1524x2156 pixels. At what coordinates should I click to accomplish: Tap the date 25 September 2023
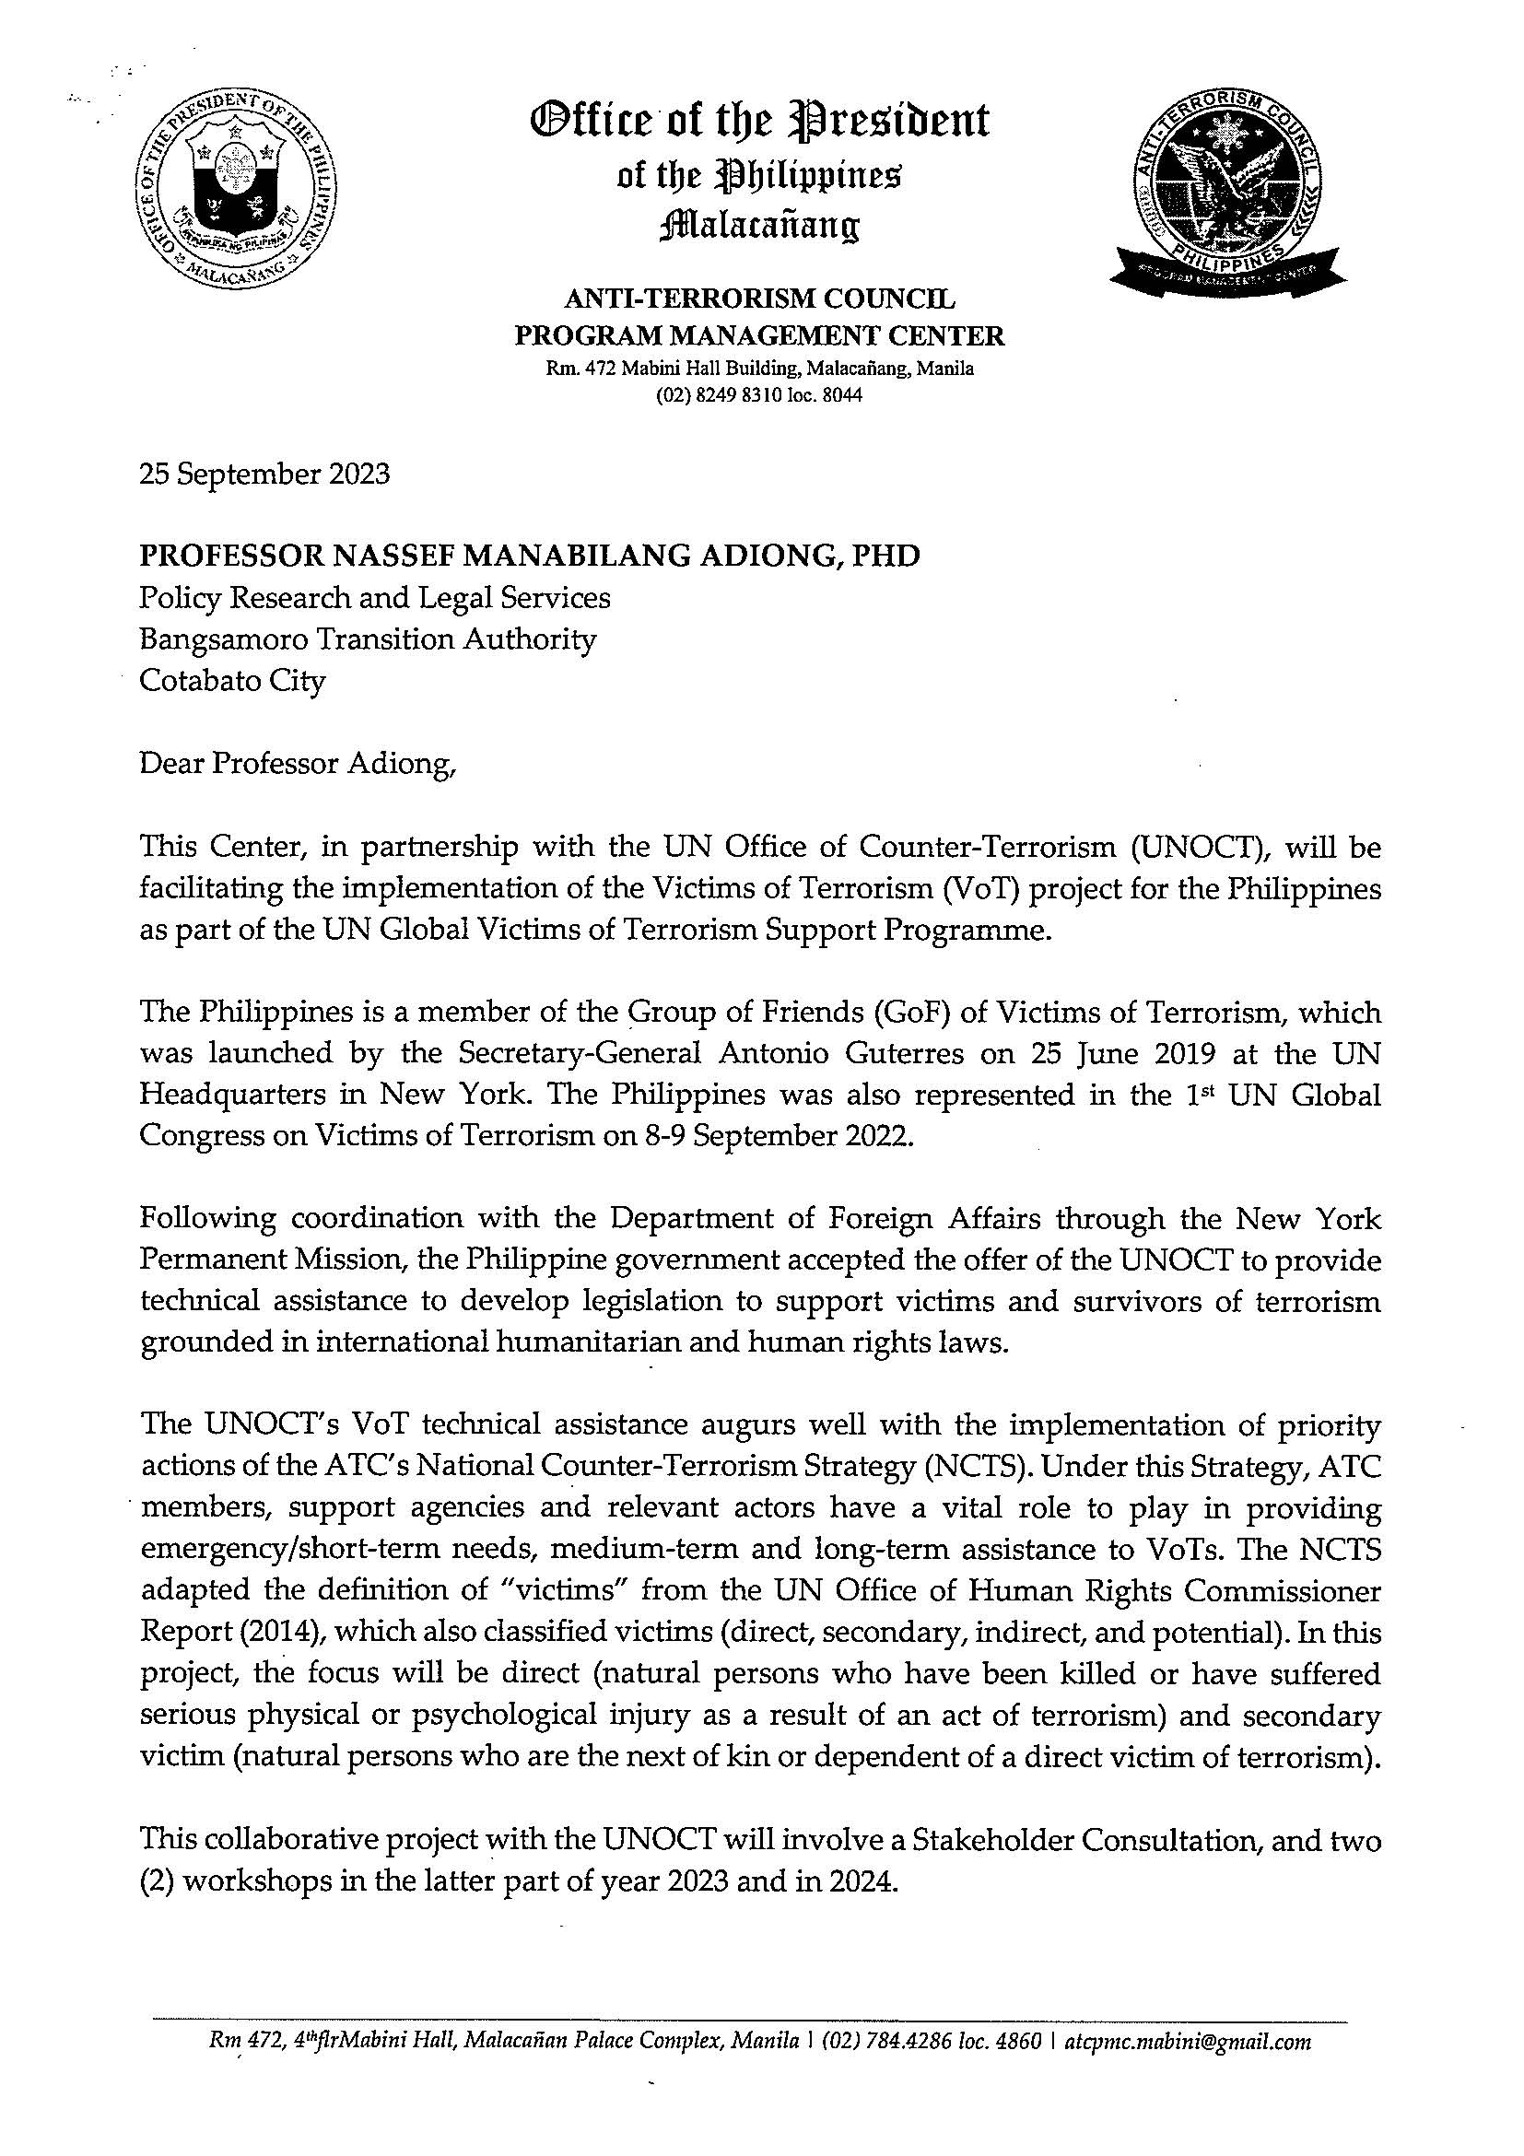[264, 475]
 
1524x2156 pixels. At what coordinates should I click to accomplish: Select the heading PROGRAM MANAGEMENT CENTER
[759, 335]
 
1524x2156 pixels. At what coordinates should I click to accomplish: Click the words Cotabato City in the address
[232, 680]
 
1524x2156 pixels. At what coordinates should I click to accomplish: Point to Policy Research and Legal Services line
[375, 598]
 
